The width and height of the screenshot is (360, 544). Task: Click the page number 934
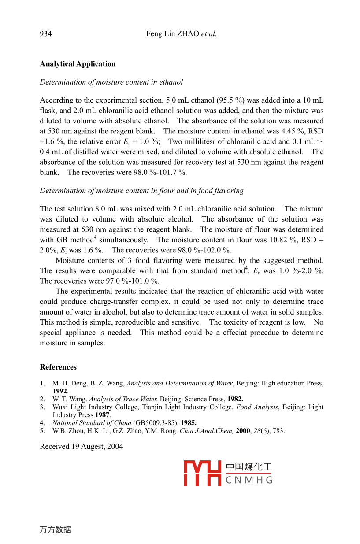(x=45, y=34)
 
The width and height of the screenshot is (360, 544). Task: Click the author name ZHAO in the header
(x=188, y=34)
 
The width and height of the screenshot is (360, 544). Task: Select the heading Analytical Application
(x=78, y=64)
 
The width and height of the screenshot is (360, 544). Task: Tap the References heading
(x=58, y=367)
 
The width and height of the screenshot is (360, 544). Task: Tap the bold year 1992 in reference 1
(x=59, y=391)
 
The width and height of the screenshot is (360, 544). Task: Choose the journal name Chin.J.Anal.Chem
(x=206, y=431)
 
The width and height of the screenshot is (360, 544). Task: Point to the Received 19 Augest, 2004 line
(x=82, y=447)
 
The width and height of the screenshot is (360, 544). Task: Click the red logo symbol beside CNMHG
(x=202, y=474)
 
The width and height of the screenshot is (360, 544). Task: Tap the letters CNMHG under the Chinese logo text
(x=249, y=480)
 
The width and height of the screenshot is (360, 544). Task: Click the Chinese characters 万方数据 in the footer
(x=55, y=530)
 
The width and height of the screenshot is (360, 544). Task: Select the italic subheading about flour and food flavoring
(x=141, y=191)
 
